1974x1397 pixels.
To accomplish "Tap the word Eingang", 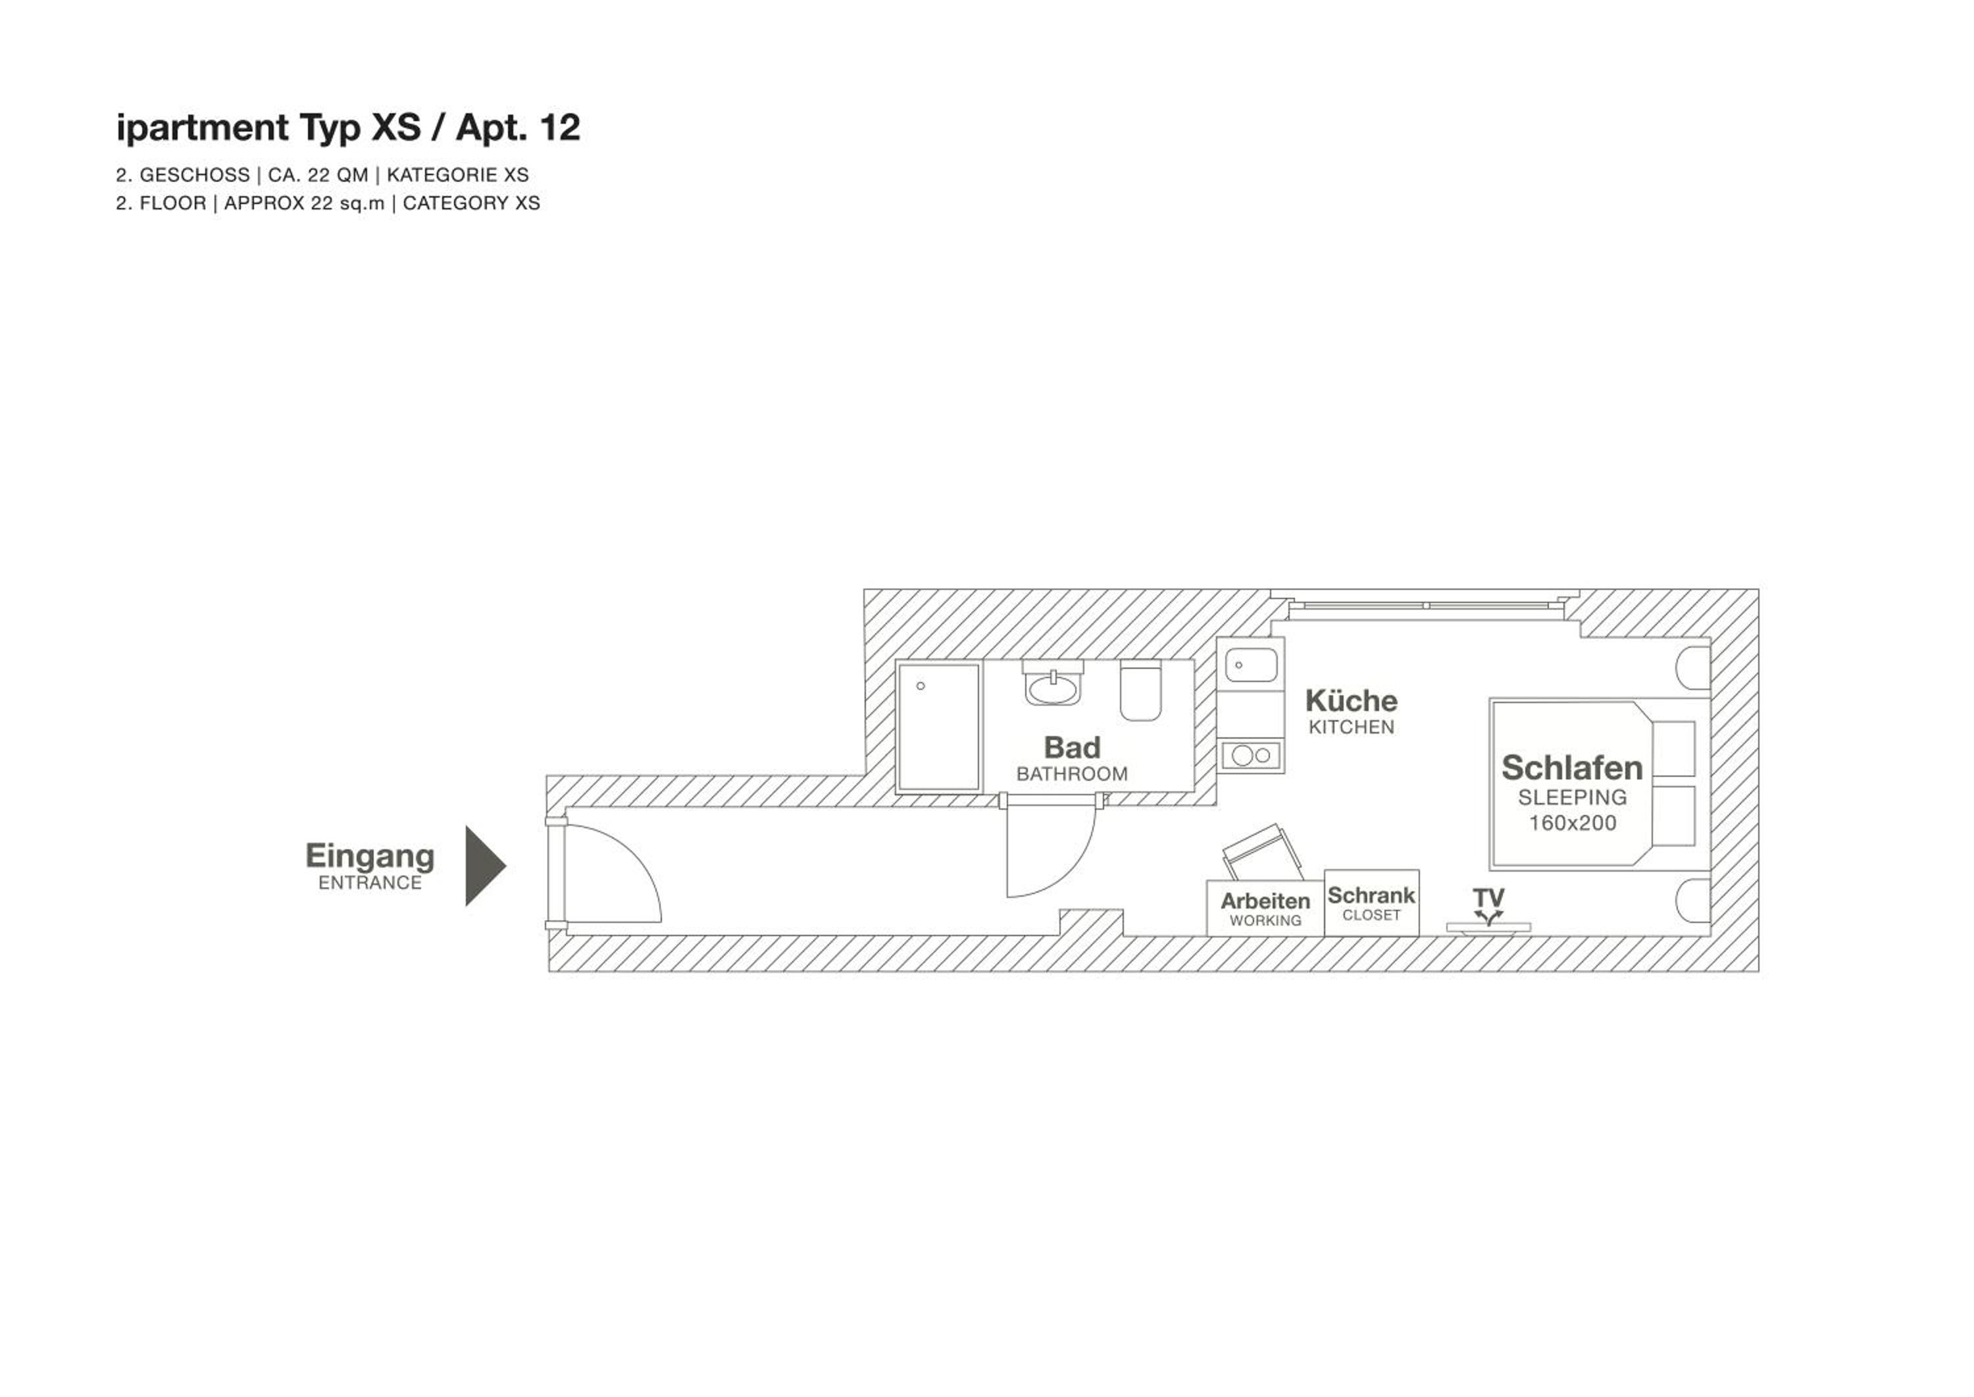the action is [x=370, y=856].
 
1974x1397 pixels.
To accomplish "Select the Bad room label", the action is [x=1071, y=747].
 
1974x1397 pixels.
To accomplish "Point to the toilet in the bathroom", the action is [x=1141, y=691].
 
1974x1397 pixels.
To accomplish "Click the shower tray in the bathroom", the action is [x=939, y=727].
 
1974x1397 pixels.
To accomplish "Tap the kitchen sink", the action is [x=1251, y=666].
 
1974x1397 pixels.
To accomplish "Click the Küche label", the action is [x=1352, y=700].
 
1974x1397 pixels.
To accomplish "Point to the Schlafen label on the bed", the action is [x=1572, y=768].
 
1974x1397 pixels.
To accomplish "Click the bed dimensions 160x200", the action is [x=1573, y=823].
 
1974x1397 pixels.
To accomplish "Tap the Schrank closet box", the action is [x=1371, y=903].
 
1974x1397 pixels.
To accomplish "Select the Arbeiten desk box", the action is [x=1265, y=909].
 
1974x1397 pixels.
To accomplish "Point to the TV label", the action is [x=1488, y=898].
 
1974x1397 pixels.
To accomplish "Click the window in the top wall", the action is [x=1425, y=606].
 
